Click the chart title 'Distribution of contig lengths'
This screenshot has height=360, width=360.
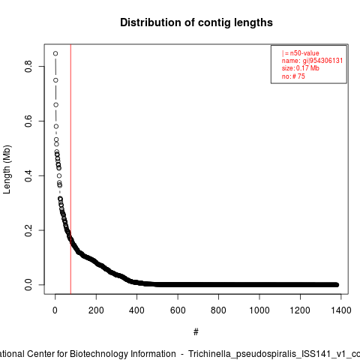pos(196,22)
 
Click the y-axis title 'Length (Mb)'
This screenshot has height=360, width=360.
pos(7,169)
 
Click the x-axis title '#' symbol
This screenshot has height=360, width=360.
pos(196,332)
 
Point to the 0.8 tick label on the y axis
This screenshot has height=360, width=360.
pos(28,66)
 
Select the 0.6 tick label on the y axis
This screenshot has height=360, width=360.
pos(28,121)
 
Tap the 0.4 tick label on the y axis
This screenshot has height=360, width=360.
pos(28,175)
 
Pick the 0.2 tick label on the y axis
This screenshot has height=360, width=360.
pos(28,230)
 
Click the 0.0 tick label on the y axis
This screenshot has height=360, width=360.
pos(28,285)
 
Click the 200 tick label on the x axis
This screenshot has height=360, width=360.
pos(96,310)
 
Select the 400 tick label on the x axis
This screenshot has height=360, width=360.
pos(136,310)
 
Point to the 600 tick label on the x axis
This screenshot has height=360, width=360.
pos(178,310)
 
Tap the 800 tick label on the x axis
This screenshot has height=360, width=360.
pos(218,310)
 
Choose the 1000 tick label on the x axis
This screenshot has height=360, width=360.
pos(259,310)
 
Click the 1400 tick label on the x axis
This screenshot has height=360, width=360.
pos(341,310)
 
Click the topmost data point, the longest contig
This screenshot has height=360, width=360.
pos(55,53)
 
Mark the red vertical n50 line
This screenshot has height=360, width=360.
pos(70,169)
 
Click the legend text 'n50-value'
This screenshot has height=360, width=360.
pos(304,53)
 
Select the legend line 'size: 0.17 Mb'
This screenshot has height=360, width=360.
pos(301,68)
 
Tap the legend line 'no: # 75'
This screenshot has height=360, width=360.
pos(293,76)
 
